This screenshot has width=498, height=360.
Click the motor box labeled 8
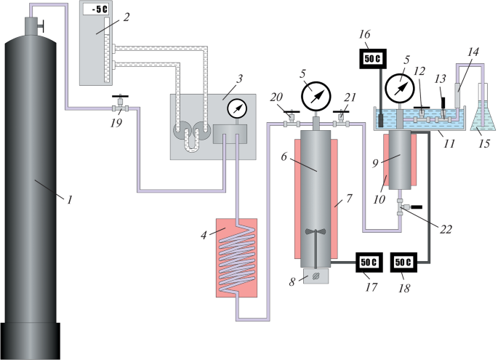pyautogui.click(x=317, y=276)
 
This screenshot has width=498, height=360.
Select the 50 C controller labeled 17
pyautogui.click(x=369, y=262)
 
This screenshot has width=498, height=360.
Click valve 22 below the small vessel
pyautogui.click(x=400, y=209)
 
